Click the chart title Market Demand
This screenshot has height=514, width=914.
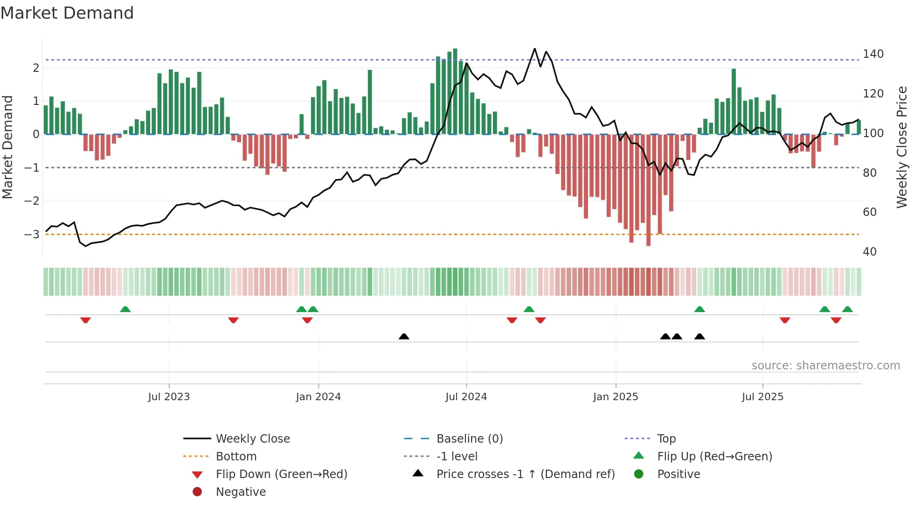point(67,13)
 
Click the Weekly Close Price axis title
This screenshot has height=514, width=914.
point(901,147)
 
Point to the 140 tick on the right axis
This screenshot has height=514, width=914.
point(872,54)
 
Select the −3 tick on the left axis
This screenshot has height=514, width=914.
point(32,234)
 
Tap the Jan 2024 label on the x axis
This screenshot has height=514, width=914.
point(318,397)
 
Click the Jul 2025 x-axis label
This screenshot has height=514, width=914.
point(762,397)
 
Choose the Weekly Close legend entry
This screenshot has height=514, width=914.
point(252,439)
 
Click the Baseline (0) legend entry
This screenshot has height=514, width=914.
point(469,439)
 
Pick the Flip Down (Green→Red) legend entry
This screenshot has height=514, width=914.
point(281,474)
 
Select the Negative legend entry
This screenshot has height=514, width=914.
point(241,492)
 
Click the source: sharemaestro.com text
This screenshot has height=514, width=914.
point(825,366)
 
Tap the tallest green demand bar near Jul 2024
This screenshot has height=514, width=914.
point(455,91)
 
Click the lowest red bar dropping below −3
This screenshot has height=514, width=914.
point(648,191)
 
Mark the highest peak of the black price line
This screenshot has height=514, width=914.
point(534,49)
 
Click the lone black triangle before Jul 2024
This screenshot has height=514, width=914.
point(404,336)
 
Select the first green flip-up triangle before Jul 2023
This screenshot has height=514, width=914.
point(125,309)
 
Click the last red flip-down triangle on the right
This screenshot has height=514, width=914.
point(836,320)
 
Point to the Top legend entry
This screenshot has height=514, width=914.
point(666,439)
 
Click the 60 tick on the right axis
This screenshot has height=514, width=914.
point(869,212)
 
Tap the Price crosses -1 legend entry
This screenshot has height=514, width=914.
point(525,474)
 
